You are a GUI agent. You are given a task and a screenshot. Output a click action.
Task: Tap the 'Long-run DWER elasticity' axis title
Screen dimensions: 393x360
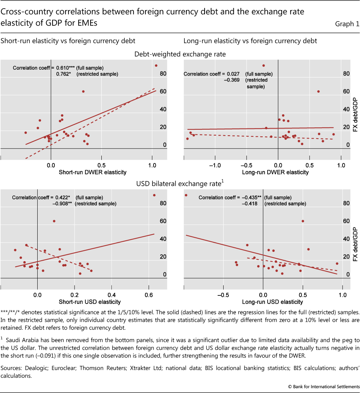tap(275, 172)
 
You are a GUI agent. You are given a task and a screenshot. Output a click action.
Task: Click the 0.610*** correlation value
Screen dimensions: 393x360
tap(65, 68)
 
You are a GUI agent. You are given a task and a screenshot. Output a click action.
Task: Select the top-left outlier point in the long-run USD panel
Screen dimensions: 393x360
tap(186, 195)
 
